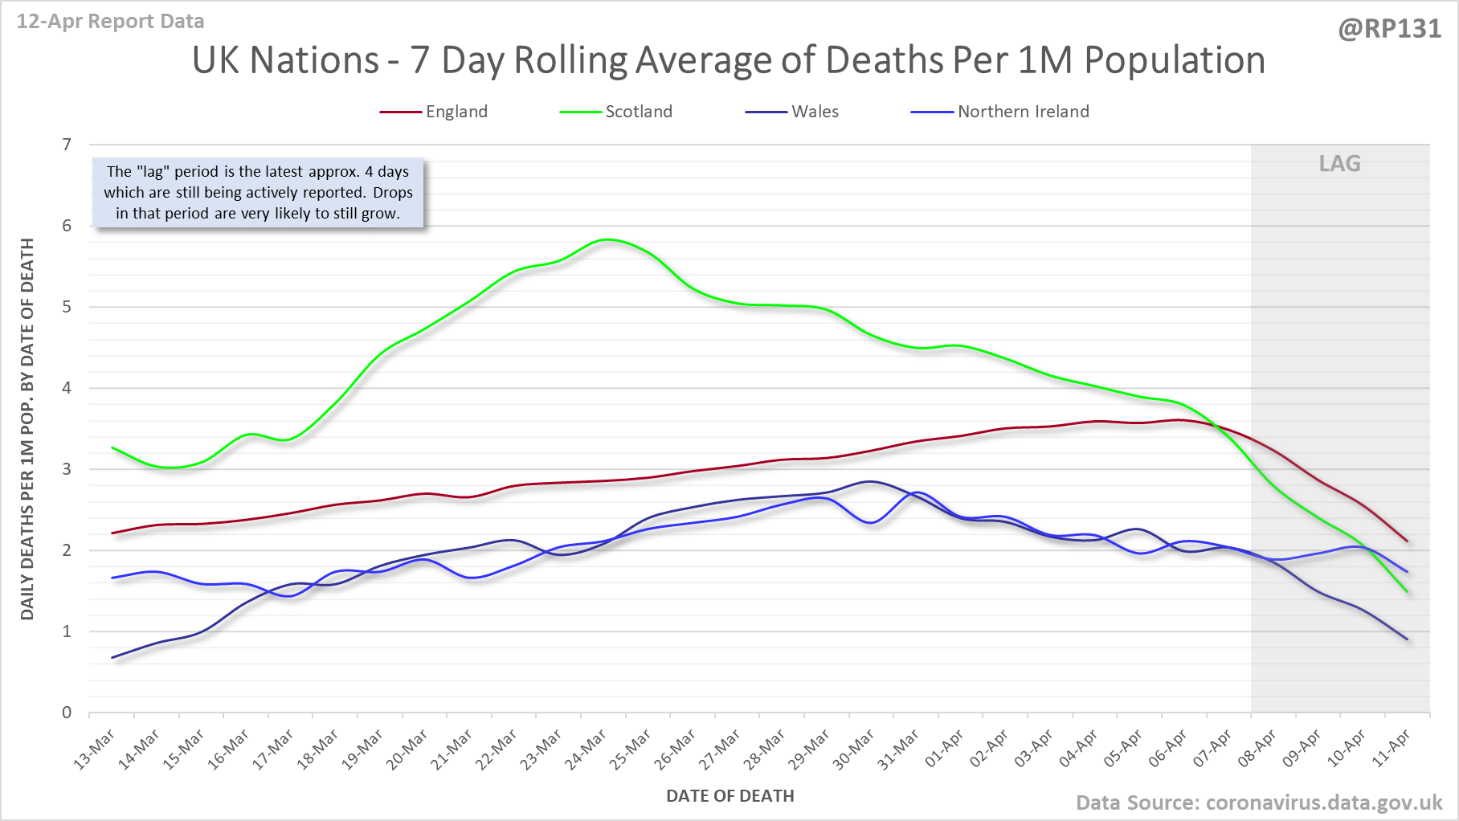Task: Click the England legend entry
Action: pos(456,112)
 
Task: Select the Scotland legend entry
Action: pos(638,112)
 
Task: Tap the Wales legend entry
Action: pos(814,112)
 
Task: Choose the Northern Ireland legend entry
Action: pos(1023,112)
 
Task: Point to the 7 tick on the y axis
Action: pos(67,145)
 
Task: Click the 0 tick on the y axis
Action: pos(67,713)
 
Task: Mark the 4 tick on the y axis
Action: pos(67,388)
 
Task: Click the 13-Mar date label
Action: pos(95,750)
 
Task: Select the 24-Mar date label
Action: pos(586,750)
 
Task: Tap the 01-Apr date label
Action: pos(944,750)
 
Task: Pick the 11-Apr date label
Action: pos(1391,750)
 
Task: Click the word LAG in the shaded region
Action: pos(1339,164)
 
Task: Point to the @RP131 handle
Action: pos(1389,29)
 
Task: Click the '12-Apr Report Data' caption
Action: pos(111,22)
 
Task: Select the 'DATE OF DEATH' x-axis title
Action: pos(729,796)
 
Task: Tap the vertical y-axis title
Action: pos(27,429)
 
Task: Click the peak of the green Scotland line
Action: pos(608,239)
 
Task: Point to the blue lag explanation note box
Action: pos(258,193)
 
